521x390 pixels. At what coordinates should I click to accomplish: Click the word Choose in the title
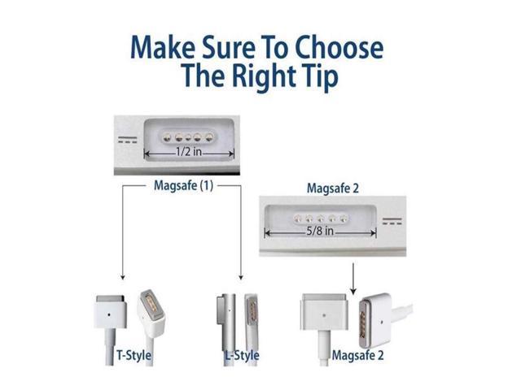pos(339,47)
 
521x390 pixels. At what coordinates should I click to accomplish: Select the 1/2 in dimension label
pos(189,152)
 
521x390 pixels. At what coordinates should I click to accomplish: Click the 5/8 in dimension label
pos(320,231)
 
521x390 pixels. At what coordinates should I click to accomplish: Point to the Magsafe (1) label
pos(183,185)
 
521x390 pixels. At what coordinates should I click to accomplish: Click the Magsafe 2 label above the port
pos(333,188)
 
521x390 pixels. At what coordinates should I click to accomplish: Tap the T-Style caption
pos(134,355)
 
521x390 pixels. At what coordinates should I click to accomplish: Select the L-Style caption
pos(242,355)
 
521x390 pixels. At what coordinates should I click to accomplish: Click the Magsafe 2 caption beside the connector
pos(357,355)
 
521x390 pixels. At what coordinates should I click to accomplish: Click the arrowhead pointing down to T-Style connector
pos(123,277)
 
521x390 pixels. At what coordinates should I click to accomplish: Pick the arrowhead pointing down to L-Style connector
pos(241,277)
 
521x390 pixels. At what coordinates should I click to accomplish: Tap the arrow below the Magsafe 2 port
pos(353,279)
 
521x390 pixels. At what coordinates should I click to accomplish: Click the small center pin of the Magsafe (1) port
pos(188,137)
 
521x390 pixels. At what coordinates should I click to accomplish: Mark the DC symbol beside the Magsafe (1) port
pos(128,140)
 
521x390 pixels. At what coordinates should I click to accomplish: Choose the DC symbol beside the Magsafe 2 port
pos(392,221)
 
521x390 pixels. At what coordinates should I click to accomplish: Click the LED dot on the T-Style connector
pos(110,314)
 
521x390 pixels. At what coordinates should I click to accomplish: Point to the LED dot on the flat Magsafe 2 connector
pos(324,315)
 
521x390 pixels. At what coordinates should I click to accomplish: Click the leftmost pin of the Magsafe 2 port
pos(298,219)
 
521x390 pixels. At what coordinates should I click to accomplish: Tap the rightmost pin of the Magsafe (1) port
pos(209,137)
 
